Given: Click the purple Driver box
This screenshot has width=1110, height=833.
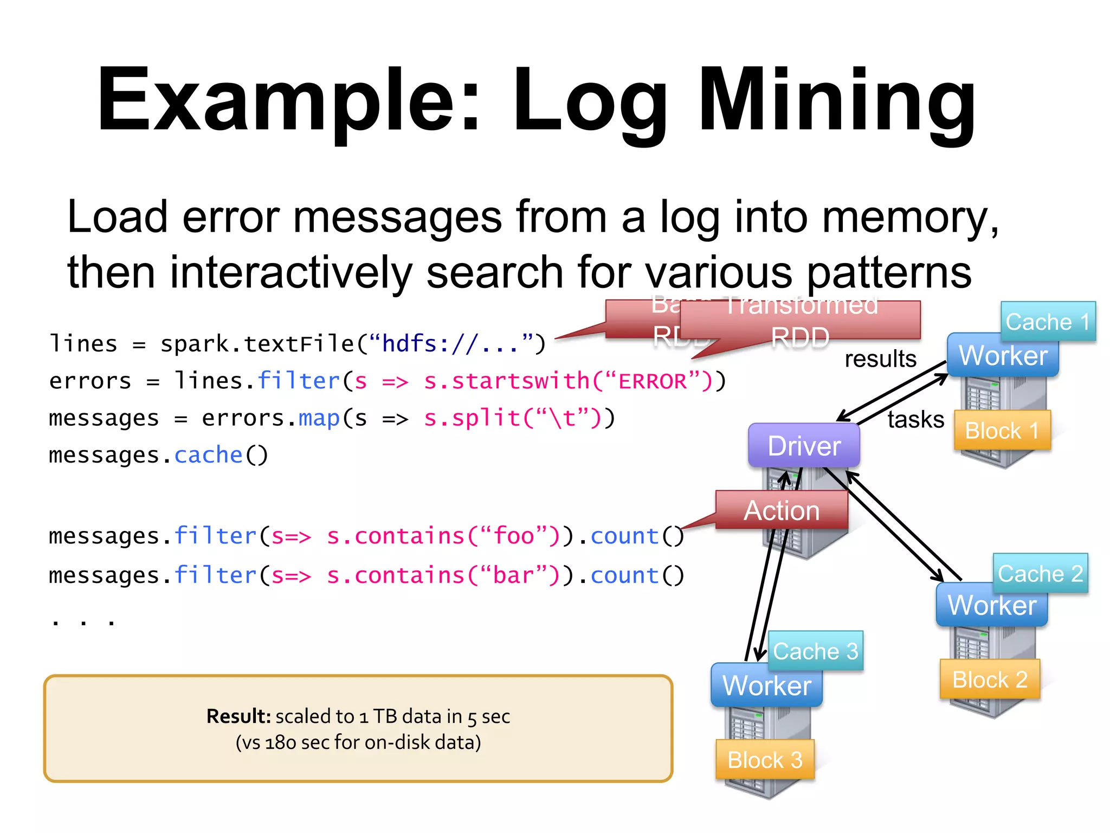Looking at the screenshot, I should (x=804, y=445).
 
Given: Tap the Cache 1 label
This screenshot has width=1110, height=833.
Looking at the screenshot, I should (x=1048, y=322).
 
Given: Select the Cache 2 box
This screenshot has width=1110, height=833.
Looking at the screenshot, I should (x=1040, y=573).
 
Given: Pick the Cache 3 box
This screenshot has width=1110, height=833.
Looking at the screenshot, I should (x=815, y=651).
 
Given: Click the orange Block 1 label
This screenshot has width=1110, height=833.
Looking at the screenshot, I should (x=1002, y=431).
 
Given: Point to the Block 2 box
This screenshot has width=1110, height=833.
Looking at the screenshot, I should (x=990, y=679).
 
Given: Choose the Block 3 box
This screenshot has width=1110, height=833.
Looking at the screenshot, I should (x=765, y=759).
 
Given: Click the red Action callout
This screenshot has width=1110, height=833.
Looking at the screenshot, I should (x=782, y=510).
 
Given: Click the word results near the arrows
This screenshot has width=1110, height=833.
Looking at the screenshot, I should (x=880, y=358).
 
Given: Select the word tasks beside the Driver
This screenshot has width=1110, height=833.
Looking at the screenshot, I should (x=915, y=419).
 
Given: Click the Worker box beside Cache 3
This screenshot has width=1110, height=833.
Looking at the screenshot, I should (x=766, y=685).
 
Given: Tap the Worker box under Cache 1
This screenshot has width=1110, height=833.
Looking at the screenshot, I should (x=1003, y=356).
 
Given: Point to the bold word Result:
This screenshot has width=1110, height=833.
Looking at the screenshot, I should (x=238, y=716).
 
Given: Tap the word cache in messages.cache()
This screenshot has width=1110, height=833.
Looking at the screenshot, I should (x=208, y=455).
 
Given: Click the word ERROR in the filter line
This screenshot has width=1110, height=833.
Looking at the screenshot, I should (x=653, y=381).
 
